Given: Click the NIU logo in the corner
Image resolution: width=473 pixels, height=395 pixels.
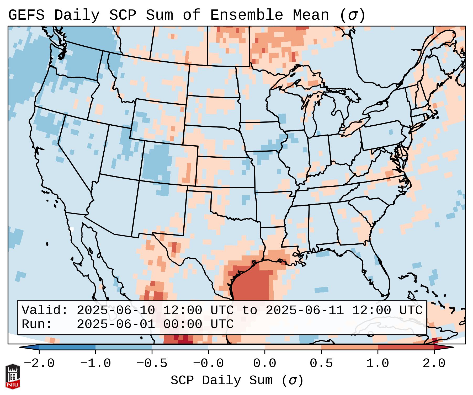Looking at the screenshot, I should point(13,376).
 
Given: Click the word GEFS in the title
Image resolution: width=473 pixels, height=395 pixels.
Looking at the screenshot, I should point(26,15).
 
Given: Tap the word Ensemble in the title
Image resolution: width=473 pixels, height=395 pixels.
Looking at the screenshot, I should point(247,15).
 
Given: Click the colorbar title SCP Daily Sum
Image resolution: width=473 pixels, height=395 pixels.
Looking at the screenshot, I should point(226,380).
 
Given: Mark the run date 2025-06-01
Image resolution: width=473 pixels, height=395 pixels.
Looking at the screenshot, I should point(115,324).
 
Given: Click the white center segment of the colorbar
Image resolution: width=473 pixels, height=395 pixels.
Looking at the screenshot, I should point(236,347).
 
